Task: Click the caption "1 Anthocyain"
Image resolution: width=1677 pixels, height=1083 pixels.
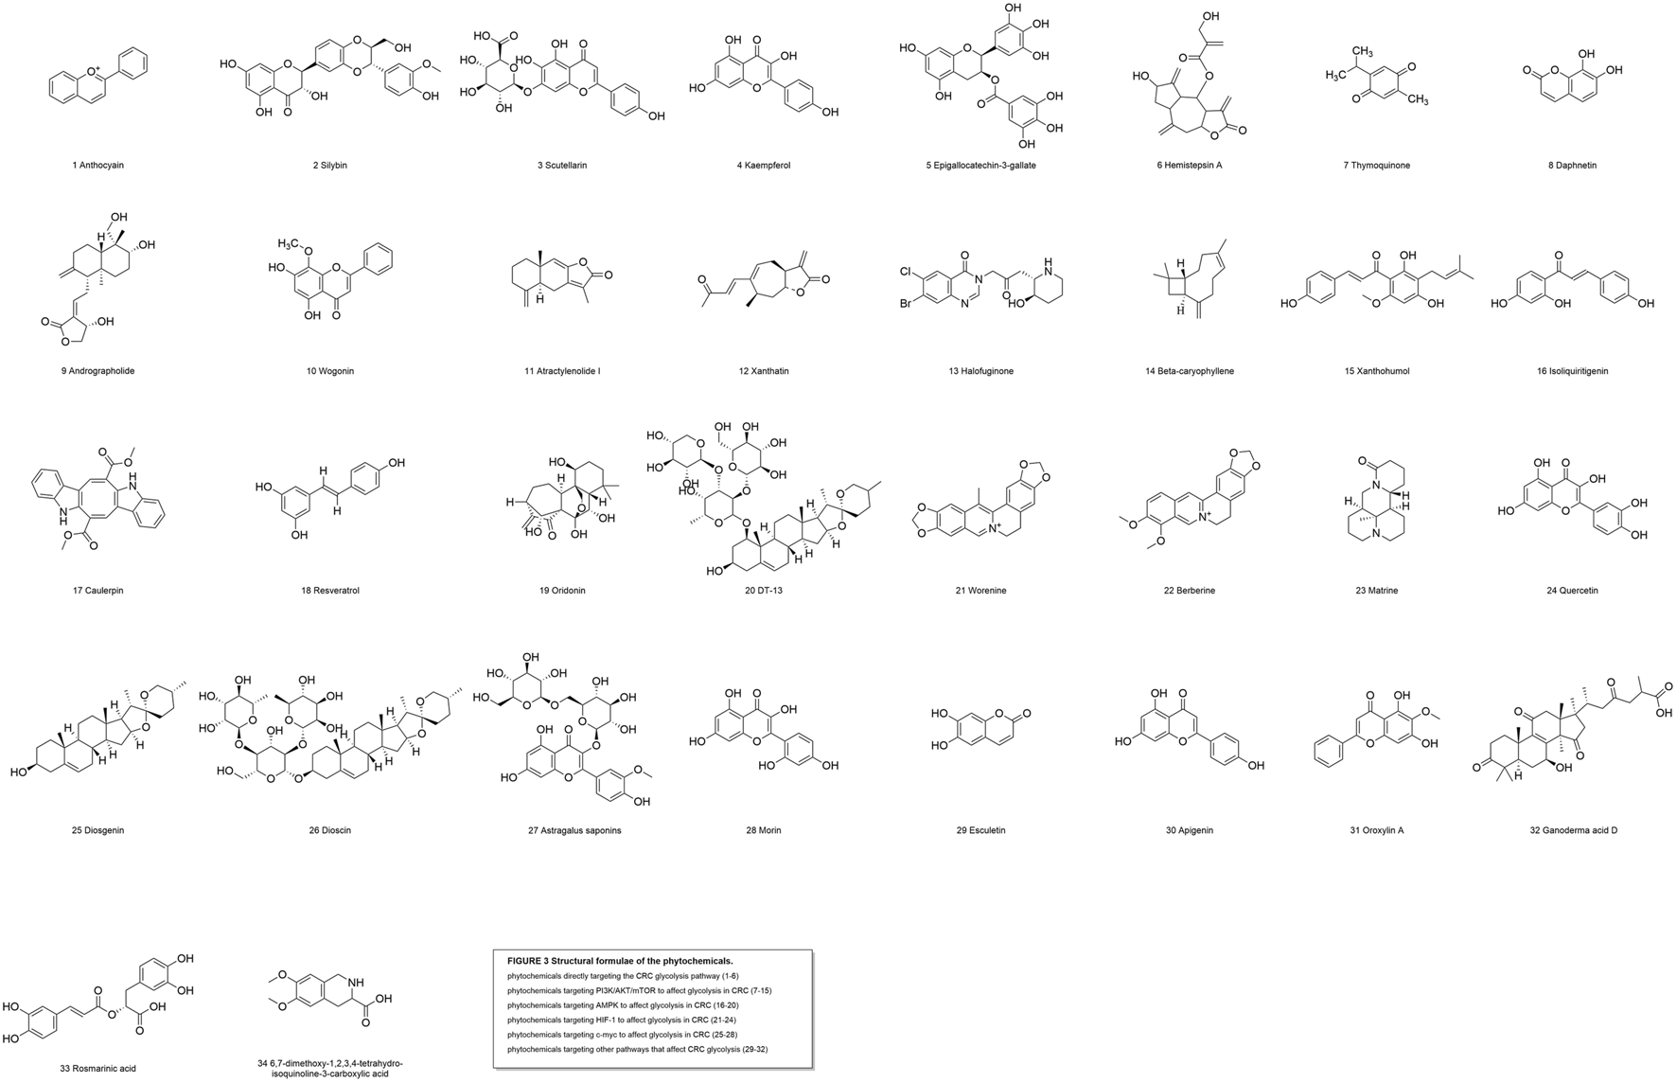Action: point(97,166)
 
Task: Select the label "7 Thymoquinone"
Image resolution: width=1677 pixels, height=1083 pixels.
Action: point(1376,166)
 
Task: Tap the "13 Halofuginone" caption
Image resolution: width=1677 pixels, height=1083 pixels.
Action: point(980,371)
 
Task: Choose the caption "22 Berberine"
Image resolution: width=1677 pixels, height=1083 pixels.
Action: point(1189,591)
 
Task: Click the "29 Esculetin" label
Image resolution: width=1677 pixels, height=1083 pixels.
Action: point(980,830)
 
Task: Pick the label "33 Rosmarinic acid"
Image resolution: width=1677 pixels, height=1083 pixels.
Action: point(97,1069)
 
